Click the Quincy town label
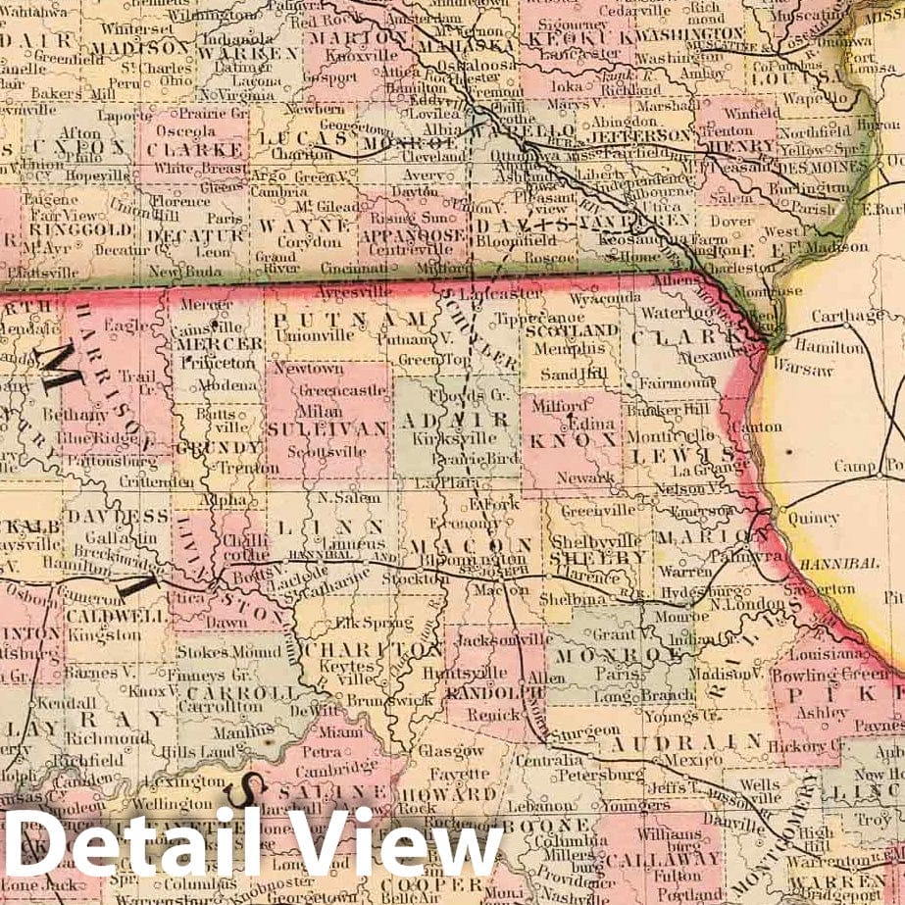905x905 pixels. tap(814, 518)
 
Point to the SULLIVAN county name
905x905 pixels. tap(327, 428)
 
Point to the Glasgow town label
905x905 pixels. tap(452, 750)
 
